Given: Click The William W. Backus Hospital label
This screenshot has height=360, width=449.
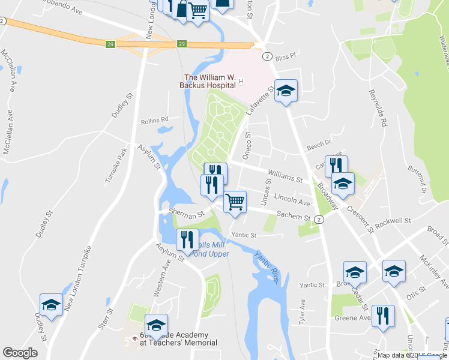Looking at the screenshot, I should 208,81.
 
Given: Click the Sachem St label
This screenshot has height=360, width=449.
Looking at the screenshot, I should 292,217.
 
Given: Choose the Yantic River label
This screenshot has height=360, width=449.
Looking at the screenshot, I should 267,266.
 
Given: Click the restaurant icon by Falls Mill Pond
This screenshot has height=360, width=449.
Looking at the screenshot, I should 187,239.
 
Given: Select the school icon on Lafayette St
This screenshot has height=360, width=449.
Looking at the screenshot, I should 286,91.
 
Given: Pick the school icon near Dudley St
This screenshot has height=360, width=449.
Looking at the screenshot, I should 52,305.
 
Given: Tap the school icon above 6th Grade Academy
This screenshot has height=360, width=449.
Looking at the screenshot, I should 156,325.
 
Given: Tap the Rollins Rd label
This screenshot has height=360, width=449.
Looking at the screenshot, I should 155,121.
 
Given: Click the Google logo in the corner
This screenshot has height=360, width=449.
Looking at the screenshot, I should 20,353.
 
